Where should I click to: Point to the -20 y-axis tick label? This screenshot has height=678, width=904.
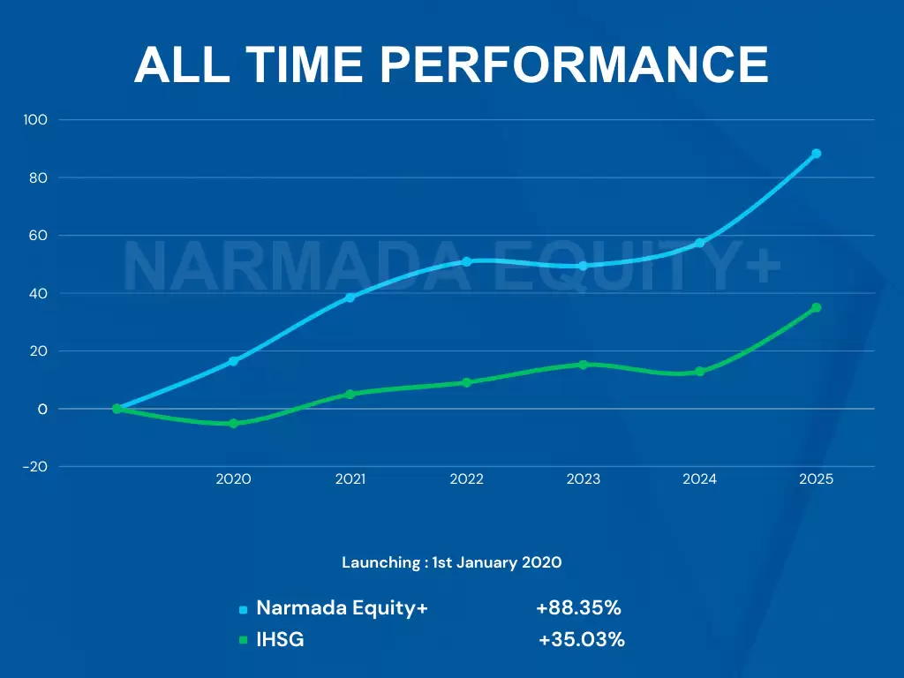[x=35, y=467]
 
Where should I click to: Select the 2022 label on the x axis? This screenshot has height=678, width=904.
[x=466, y=479]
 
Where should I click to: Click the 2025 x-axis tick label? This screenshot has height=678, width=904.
[x=816, y=479]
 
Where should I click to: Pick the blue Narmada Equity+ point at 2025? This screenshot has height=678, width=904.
[x=817, y=154]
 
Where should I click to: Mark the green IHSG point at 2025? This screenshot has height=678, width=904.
[x=817, y=307]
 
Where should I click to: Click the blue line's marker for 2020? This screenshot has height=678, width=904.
[x=233, y=361]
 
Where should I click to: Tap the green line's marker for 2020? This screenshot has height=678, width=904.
[x=233, y=424]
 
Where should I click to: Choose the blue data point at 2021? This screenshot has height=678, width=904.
[x=350, y=298]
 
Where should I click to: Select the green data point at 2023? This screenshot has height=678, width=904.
[x=583, y=365]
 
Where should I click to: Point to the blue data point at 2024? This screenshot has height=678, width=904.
[x=699, y=243]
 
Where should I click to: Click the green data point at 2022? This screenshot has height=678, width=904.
[x=466, y=382]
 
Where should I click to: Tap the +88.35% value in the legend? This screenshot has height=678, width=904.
[x=578, y=608]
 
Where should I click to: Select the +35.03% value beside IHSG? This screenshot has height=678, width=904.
[x=582, y=640]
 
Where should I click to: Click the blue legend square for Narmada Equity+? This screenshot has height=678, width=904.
[x=243, y=609]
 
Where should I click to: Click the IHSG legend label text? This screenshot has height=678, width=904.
[x=280, y=640]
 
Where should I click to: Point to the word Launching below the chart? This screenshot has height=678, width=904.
[x=380, y=562]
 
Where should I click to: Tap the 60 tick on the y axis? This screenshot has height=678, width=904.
[x=40, y=236]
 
